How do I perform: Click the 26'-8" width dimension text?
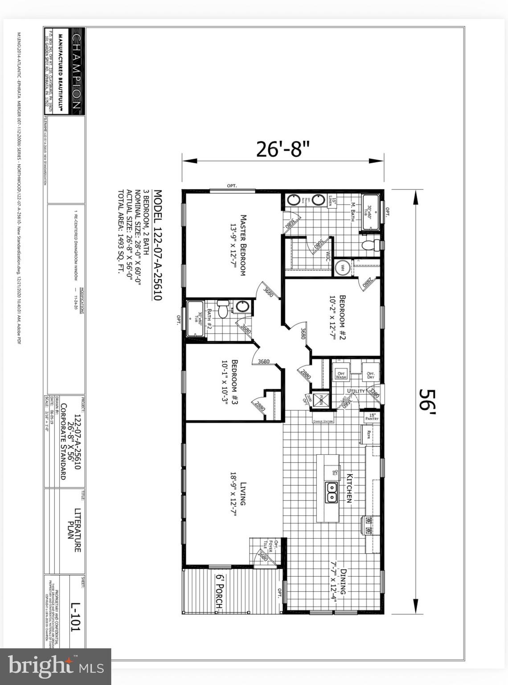pyautogui.click(x=283, y=149)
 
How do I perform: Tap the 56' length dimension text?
pyautogui.click(x=427, y=401)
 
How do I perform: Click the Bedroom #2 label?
pyautogui.click(x=338, y=318)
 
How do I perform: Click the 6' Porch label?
pyautogui.click(x=219, y=591)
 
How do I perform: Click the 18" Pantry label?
pyautogui.click(x=372, y=417)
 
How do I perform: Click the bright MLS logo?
pyautogui.click(x=56, y=666)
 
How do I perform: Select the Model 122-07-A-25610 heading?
pyautogui.click(x=158, y=245)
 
